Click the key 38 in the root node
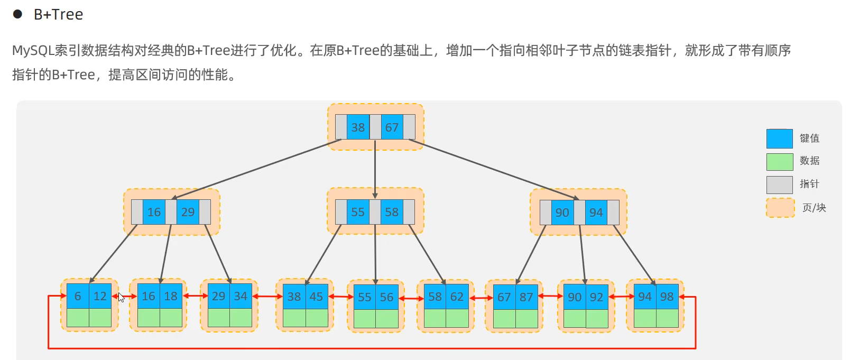pos(358,127)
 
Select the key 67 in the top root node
pos(392,127)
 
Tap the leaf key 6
pos(78,296)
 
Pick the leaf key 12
pos(100,296)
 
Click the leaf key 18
pos(171,296)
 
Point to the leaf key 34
pos(241,296)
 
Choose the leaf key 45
pos(317,296)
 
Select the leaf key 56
pos(387,297)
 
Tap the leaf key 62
pos(457,297)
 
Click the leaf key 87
pos(526,297)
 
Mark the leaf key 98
pos(667,297)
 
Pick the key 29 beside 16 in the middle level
pos(188,211)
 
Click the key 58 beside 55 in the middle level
pos(392,211)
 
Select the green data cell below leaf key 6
pos(78,318)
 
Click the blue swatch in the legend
pos(779,139)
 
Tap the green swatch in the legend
pos(779,162)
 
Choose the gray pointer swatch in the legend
pos(779,184)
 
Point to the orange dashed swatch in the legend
pos(780,208)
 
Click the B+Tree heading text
pos(59,14)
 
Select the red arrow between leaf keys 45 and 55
pos(341,297)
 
